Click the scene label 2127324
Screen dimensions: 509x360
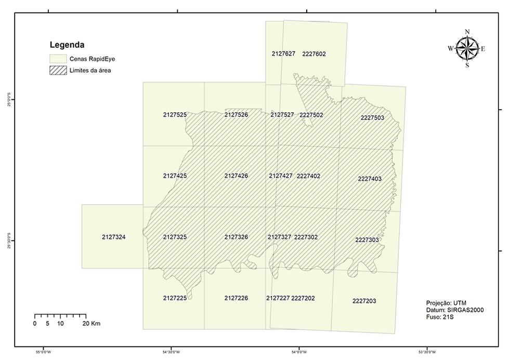114,237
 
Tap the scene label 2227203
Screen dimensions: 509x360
364,301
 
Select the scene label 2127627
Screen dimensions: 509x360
283,54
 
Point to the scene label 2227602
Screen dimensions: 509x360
314,54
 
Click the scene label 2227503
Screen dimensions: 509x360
372,118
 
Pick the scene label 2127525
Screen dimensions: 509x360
175,114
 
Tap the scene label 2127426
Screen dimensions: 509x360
236,176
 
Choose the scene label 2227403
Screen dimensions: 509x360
370,179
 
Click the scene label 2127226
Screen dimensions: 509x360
236,298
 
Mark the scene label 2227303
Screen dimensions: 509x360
367,240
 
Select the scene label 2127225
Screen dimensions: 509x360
175,298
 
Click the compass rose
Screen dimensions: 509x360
467,49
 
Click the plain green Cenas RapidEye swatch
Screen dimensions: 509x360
58,59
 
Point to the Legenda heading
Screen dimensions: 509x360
67,45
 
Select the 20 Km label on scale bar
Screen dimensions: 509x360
92,323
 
